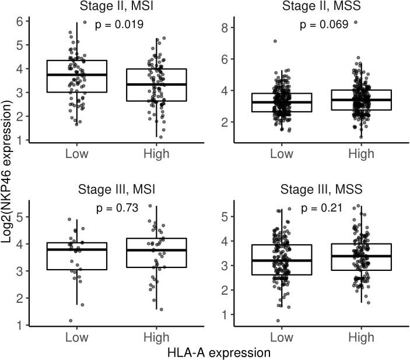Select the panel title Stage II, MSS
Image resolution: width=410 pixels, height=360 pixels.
click(x=316, y=7)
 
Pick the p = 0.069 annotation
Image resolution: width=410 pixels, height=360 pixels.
click(x=324, y=24)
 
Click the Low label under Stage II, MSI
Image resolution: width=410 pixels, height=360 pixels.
click(x=76, y=154)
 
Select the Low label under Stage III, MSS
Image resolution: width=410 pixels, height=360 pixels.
click(x=281, y=337)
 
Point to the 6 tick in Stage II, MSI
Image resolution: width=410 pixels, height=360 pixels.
click(x=22, y=21)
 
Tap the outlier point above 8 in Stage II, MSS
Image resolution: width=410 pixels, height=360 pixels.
click(x=355, y=23)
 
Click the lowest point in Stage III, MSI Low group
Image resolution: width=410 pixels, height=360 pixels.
click(x=71, y=320)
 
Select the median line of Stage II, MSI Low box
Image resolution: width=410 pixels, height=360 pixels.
click(x=76, y=75)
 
